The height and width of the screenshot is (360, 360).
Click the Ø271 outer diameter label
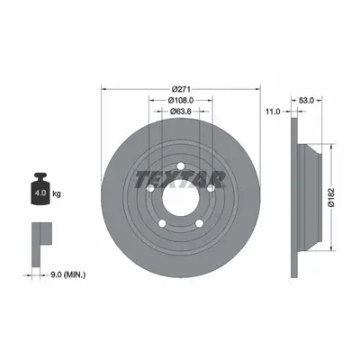tap(181, 89)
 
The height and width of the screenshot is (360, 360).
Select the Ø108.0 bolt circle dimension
tap(181, 100)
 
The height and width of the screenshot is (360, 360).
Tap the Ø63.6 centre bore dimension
tap(181, 112)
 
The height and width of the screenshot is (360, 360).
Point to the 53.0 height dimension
tap(306, 101)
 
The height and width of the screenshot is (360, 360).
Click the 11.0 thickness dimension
tap(273, 112)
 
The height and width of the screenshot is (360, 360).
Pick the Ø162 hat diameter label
tap(331, 197)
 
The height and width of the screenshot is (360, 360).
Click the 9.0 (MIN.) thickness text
tap(67, 274)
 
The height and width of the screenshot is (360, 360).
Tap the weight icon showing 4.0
tap(40, 189)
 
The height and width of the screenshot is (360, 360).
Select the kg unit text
tap(57, 193)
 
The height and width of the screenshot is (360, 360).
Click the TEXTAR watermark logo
tap(180, 180)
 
